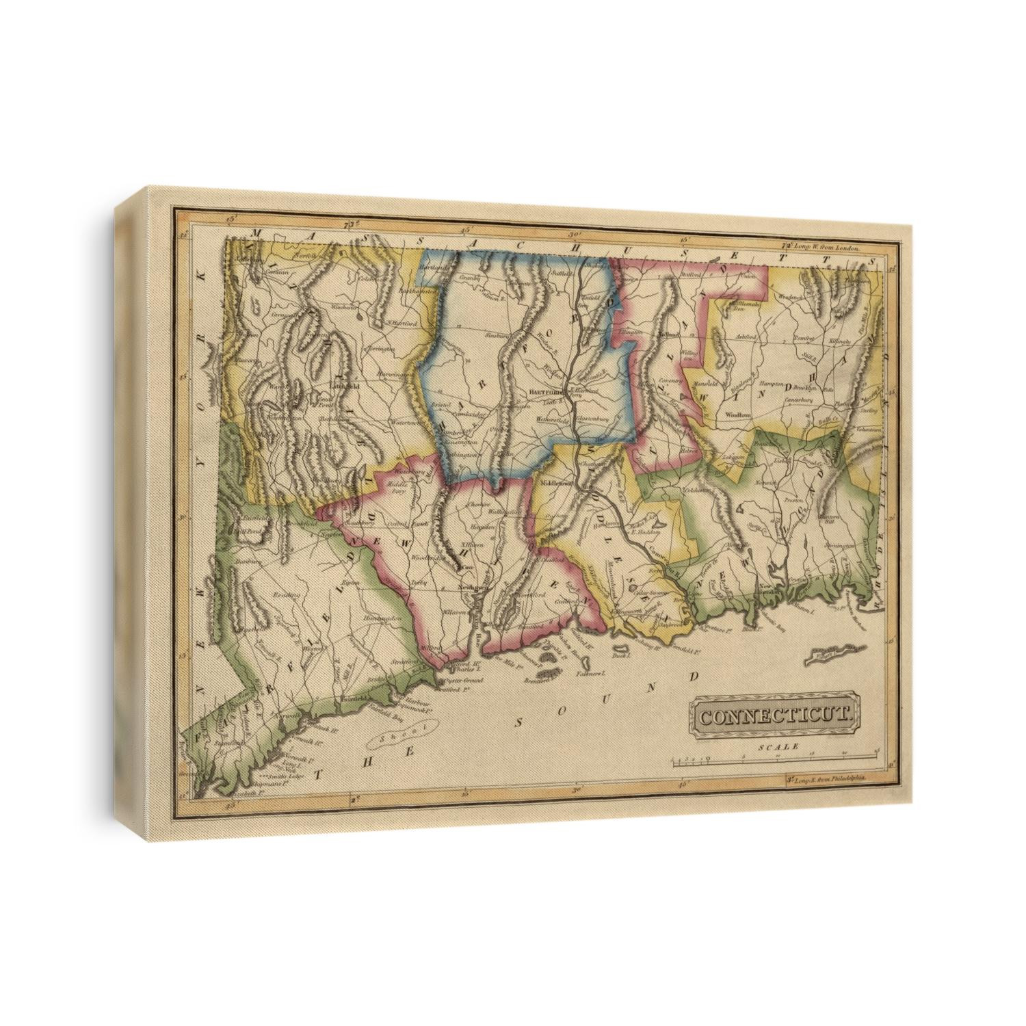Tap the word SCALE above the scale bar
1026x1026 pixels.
point(778,748)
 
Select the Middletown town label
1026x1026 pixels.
point(555,482)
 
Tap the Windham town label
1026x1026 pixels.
point(731,415)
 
